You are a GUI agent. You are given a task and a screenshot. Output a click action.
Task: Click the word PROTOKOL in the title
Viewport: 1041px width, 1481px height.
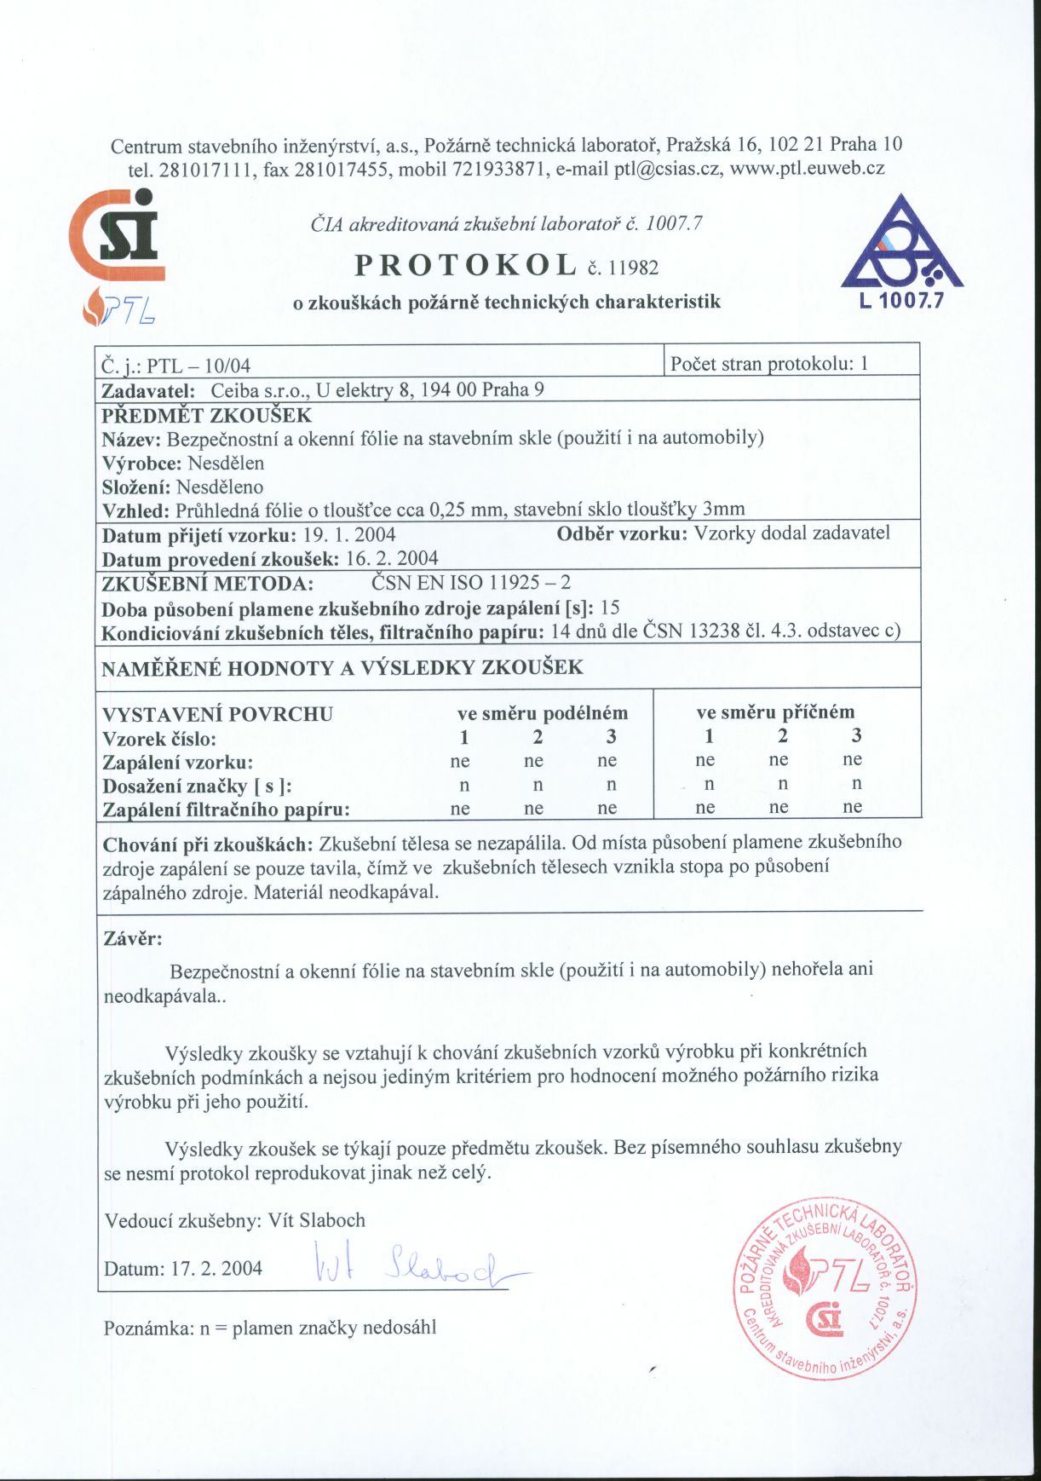tap(465, 265)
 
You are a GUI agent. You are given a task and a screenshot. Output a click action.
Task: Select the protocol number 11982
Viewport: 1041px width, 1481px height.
tap(632, 268)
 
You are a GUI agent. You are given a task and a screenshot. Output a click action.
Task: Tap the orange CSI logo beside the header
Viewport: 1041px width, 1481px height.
tap(118, 236)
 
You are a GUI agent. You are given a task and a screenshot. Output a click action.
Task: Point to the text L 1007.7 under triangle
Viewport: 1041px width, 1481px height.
tap(901, 300)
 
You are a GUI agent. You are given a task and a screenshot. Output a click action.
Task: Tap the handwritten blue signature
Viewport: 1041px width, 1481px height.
tap(417, 1267)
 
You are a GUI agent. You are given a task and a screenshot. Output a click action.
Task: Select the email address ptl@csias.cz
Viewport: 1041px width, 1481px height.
tap(667, 168)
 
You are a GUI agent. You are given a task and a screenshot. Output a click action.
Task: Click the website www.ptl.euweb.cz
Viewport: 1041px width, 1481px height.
tap(808, 168)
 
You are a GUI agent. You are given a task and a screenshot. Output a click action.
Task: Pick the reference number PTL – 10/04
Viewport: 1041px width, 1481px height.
tap(198, 366)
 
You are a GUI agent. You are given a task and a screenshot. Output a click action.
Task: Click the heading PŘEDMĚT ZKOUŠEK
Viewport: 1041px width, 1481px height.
tap(207, 416)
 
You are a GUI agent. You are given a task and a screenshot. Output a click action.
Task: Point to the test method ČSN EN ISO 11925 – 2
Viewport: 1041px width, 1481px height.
tap(471, 584)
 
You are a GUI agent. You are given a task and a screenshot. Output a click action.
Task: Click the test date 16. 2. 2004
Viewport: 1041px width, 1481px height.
tap(392, 559)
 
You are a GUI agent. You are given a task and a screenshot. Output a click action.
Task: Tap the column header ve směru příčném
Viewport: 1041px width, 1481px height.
tap(775, 712)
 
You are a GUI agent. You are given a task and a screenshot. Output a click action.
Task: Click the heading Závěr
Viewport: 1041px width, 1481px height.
tap(132, 939)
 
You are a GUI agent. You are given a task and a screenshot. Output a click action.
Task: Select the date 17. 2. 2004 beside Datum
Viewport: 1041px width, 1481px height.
tap(216, 1268)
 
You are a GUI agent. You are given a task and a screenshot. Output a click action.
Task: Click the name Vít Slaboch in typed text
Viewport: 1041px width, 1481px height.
tap(317, 1220)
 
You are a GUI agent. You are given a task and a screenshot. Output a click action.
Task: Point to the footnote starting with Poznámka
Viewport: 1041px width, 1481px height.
tap(270, 1328)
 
